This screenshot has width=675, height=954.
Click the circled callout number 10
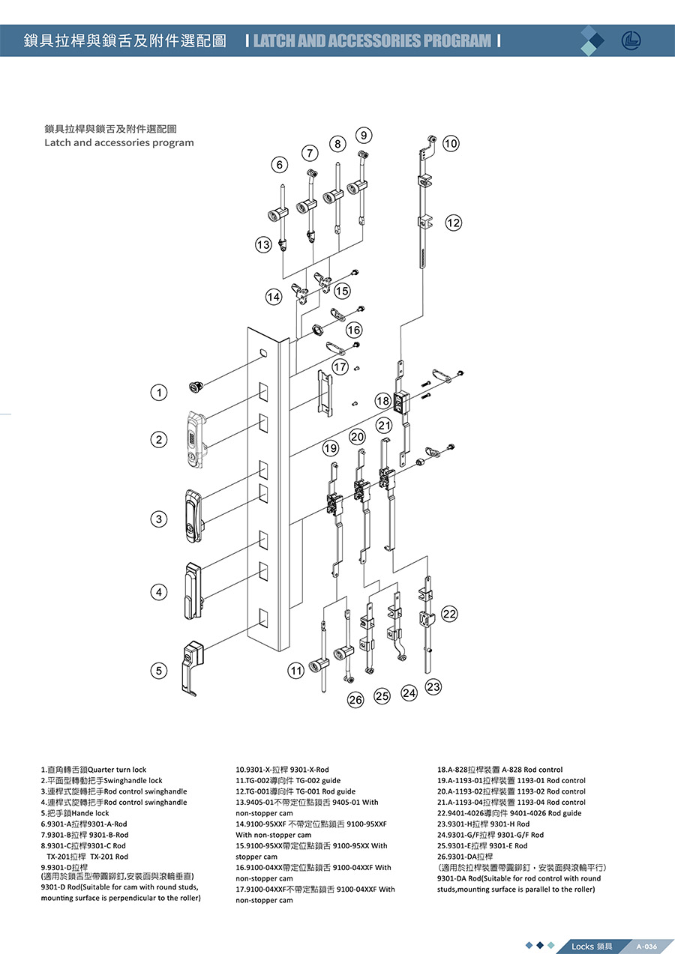[x=451, y=143]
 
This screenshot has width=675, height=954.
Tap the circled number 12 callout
[x=454, y=223]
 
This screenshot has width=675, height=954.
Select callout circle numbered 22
[x=449, y=615]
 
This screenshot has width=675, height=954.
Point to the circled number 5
[x=157, y=671]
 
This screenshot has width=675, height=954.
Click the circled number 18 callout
[x=383, y=402]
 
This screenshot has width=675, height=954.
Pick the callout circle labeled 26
[x=355, y=700]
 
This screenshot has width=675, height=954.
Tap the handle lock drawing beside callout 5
[x=192, y=665]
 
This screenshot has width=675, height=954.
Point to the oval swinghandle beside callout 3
[x=191, y=513]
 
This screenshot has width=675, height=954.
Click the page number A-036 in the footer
[x=646, y=946]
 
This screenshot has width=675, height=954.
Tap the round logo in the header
[x=631, y=40]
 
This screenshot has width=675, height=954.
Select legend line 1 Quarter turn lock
[x=94, y=770]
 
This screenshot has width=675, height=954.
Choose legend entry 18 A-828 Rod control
[x=499, y=770]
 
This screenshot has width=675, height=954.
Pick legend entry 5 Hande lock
[x=75, y=813]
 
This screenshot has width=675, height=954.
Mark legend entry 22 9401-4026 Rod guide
[x=509, y=813]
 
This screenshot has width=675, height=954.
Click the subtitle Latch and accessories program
[x=119, y=142]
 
